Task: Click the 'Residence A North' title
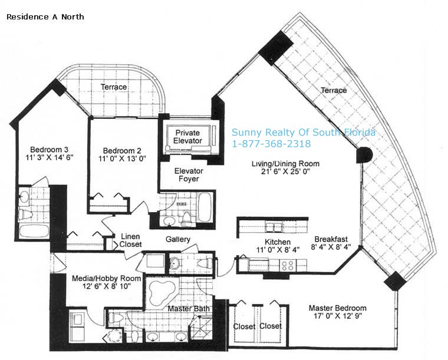(x=45, y=17)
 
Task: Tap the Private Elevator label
(x=187, y=137)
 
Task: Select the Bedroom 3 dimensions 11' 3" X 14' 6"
(x=50, y=157)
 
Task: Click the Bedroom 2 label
(x=122, y=150)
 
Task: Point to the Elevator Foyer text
(x=189, y=175)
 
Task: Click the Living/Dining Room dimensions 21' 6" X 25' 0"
(x=285, y=171)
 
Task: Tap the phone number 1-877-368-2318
(x=271, y=143)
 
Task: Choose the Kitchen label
(x=278, y=242)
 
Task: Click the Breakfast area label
(x=331, y=239)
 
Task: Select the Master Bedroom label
(x=337, y=308)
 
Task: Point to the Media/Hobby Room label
(x=106, y=278)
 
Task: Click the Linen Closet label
(x=130, y=240)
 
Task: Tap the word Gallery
(x=177, y=239)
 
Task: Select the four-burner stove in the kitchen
(x=288, y=266)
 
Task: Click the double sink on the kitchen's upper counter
(x=274, y=227)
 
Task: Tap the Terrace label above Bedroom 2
(x=114, y=87)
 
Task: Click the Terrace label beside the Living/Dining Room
(x=334, y=90)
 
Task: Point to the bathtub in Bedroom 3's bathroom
(x=34, y=231)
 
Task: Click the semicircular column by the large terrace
(x=364, y=155)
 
